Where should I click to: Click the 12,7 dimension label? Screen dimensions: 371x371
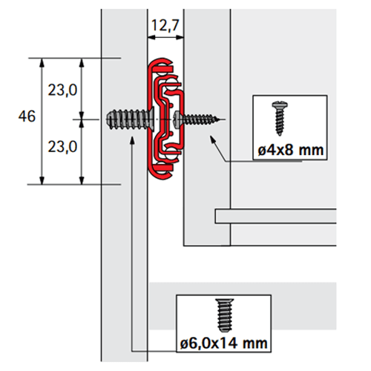coord(165,25)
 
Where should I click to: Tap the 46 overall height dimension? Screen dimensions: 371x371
coord(27,116)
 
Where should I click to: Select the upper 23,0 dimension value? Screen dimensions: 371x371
coord(62,90)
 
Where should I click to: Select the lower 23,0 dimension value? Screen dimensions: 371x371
coord(62,147)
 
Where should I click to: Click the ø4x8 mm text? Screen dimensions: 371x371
coord(291,150)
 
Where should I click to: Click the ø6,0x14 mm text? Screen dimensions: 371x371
coord(224,344)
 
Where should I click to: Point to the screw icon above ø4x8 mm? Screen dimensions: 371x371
coord(280,118)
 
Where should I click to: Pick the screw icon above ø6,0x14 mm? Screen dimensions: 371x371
coord(224,315)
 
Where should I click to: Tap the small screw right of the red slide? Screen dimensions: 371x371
coord(197,119)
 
